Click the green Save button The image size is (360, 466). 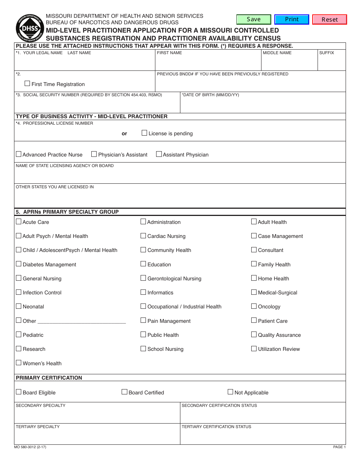[x=254, y=19]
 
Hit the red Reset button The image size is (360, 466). [x=329, y=19]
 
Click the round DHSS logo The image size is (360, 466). [x=30, y=28]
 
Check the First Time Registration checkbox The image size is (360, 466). [x=27, y=83]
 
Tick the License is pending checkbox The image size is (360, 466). [x=144, y=133]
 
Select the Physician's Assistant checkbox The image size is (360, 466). [x=94, y=154]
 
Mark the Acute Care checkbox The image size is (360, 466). [x=19, y=222]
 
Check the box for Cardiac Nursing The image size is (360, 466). [x=143, y=236]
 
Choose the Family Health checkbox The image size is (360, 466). [x=254, y=264]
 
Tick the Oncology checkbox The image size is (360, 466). [x=254, y=306]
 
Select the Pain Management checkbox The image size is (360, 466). [x=143, y=320]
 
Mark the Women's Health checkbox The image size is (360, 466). [x=19, y=363]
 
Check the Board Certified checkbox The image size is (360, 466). [x=124, y=392]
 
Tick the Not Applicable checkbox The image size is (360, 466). [x=230, y=392]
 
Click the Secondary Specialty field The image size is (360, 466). [x=97, y=415]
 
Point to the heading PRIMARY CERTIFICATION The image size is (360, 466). [x=49, y=378]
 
